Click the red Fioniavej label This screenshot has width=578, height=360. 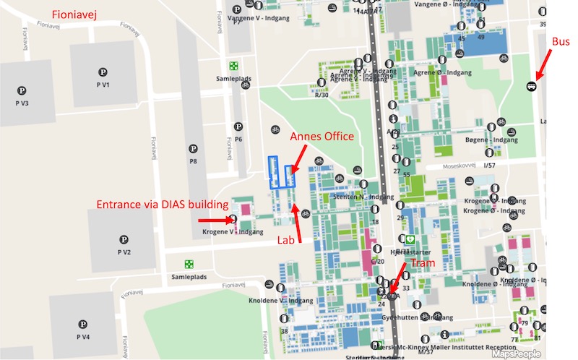pos(78,14)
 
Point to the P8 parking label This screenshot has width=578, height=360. pos(193,160)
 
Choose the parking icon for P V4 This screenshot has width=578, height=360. pos(82,324)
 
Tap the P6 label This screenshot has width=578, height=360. pos(238,139)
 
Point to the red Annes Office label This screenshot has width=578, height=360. pos(322,137)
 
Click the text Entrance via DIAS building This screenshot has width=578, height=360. pos(163,205)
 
